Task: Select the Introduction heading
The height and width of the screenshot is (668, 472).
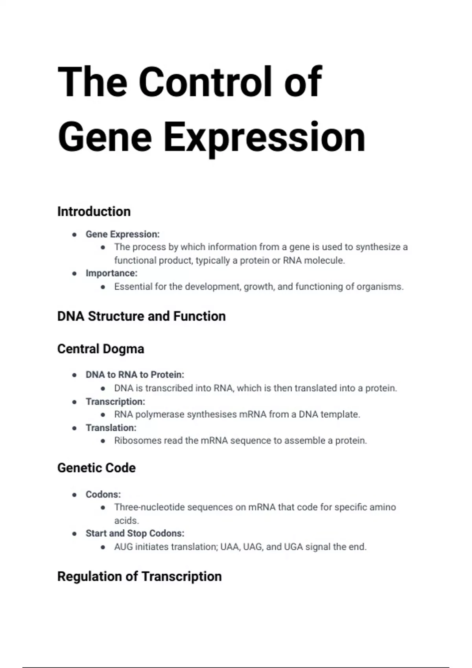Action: (94, 212)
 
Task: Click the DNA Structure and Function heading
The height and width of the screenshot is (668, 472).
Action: (141, 316)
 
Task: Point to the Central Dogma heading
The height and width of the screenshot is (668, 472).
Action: (101, 349)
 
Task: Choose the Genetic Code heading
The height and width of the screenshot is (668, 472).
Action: (96, 468)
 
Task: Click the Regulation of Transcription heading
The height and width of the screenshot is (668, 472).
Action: (139, 576)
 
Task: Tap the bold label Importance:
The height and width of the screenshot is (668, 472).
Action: (112, 273)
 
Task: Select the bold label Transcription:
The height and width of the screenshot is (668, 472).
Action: (116, 402)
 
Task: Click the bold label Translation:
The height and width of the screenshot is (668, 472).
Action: (111, 428)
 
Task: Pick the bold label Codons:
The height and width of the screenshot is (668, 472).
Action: (103, 494)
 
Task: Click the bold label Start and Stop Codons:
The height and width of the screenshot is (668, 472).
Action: (135, 533)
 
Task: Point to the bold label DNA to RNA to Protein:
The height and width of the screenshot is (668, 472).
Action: (135, 375)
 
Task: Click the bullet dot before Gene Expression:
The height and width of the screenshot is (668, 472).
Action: (74, 235)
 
